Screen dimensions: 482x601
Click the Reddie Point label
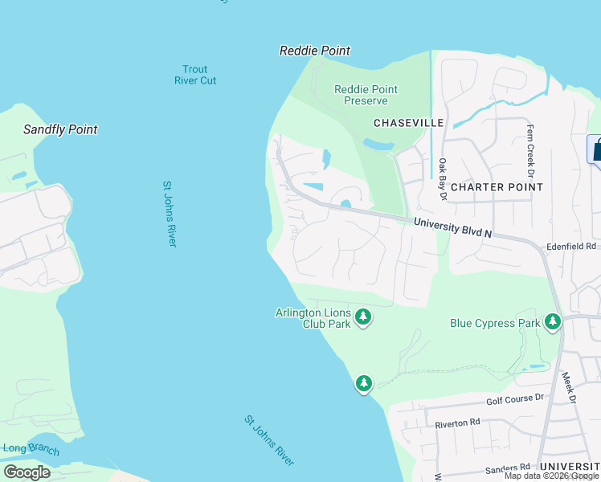tap(314, 51)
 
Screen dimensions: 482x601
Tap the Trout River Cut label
tap(195, 75)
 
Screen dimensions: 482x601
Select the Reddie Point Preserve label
tap(366, 95)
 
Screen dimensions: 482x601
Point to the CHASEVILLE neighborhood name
tap(408, 123)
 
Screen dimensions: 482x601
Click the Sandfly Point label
tap(60, 129)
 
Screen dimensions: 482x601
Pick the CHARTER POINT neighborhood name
tap(497, 187)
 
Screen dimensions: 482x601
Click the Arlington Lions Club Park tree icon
tap(364, 317)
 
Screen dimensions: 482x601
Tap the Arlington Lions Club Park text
tap(313, 318)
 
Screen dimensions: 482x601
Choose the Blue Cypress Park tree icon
tap(552, 322)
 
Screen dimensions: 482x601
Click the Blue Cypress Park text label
tap(493, 323)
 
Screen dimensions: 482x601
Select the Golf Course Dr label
tap(515, 398)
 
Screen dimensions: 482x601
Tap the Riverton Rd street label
tap(457, 422)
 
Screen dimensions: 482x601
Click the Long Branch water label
tap(30, 449)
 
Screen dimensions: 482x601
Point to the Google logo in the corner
tap(27, 472)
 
